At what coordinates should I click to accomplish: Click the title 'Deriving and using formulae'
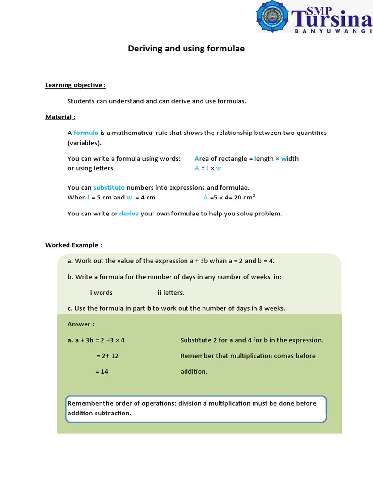[186, 49]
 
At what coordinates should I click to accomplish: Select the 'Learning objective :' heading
[75, 85]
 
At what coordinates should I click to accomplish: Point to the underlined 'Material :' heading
[60, 117]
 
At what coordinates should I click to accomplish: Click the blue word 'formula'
[86, 133]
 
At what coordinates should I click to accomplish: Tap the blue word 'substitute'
[109, 188]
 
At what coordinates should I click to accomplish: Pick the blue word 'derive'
[129, 214]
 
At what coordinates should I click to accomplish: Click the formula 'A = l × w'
[207, 168]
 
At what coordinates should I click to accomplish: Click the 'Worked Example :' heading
[73, 245]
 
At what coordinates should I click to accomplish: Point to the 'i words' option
[101, 293]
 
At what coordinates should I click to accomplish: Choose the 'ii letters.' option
[171, 293]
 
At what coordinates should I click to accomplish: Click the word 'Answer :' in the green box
[81, 324]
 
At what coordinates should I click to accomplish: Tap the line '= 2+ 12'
[107, 356]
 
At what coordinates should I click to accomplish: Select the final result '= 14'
[102, 371]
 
